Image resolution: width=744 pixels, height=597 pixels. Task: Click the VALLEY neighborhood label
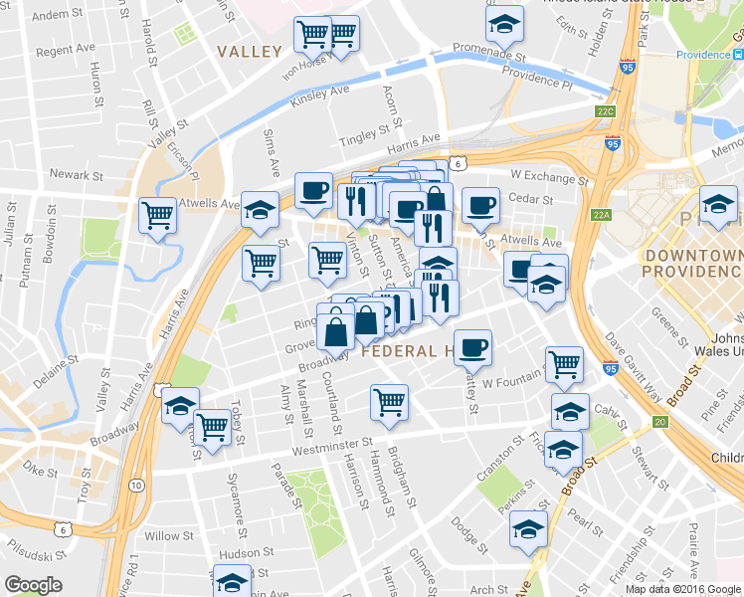[x=250, y=51]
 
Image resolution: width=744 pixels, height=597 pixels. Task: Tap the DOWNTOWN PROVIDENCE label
[x=693, y=264]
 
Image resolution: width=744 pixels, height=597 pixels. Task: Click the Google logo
[x=34, y=585]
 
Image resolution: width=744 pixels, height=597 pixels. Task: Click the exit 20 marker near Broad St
[x=659, y=422]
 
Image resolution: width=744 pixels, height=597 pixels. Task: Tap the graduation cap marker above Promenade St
[x=504, y=21]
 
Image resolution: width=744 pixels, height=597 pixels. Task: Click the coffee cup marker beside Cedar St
[x=480, y=203]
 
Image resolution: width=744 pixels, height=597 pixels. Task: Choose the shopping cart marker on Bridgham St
[x=389, y=401]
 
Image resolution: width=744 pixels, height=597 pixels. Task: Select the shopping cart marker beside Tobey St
[x=212, y=426]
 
